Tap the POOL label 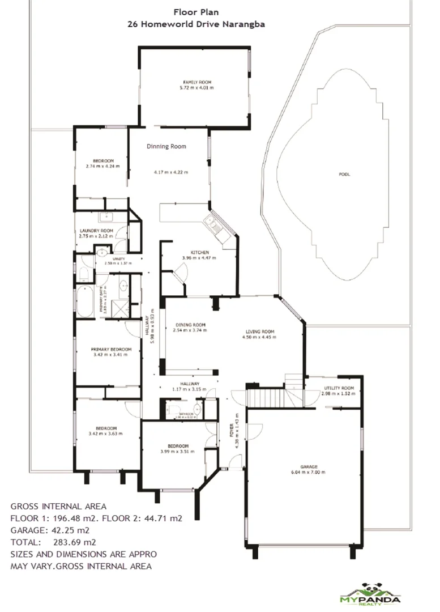344,175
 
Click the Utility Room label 339,388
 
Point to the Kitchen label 200,252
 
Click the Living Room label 260,331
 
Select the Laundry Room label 96,231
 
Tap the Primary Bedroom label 111,350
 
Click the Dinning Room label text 166,147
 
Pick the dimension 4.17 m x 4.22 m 170,172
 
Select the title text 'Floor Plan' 196,11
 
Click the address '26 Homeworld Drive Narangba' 196,24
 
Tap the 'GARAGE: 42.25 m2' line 50,530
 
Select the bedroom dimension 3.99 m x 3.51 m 177,452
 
